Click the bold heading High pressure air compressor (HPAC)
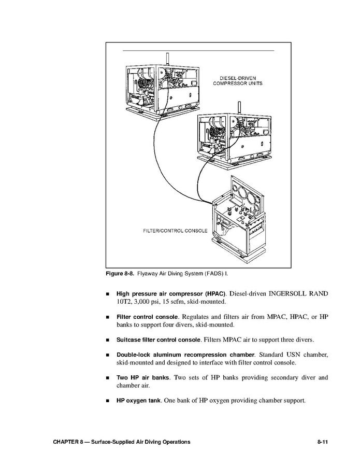pyautogui.click(x=170, y=293)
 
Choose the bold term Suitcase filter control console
pyautogui.click(x=158, y=340)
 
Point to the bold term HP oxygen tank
pyautogui.click(x=138, y=401)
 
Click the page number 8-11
pyautogui.click(x=322, y=442)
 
